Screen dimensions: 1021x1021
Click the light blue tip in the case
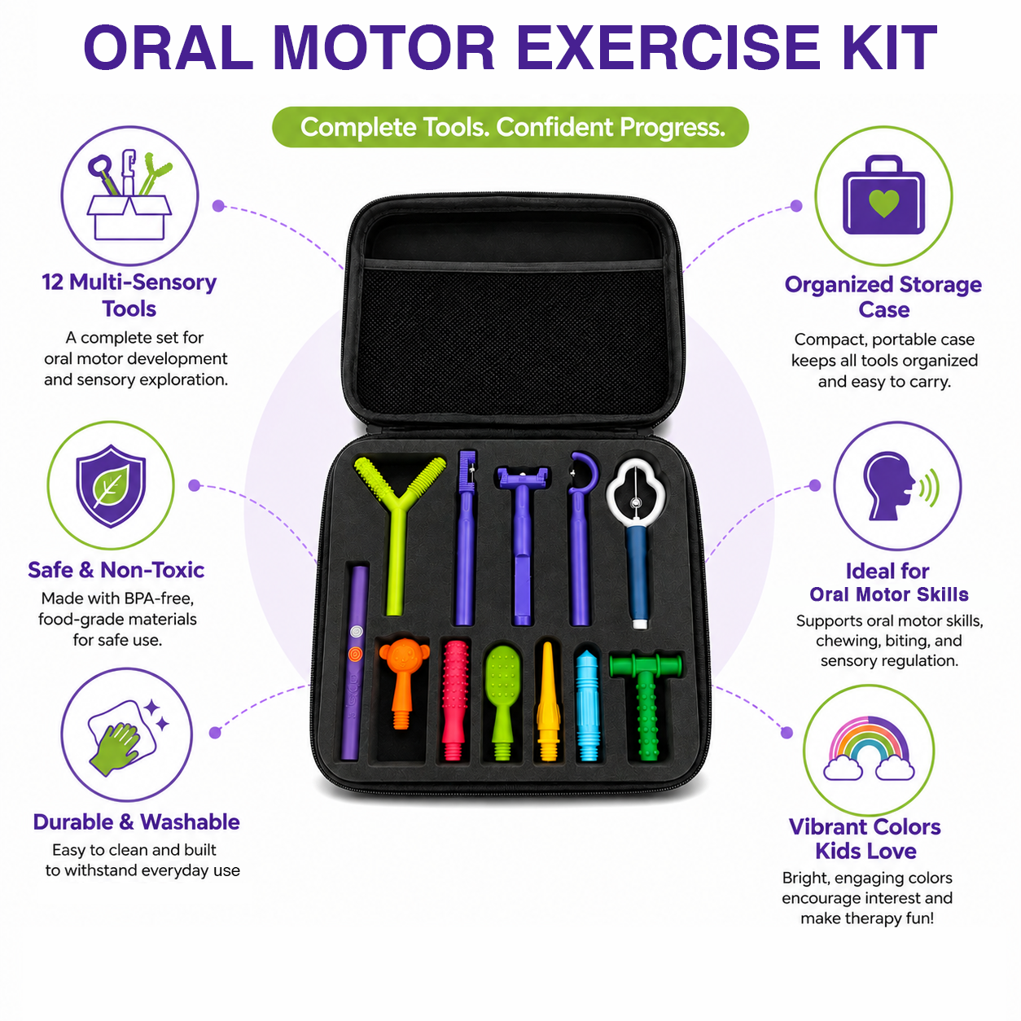[588, 705]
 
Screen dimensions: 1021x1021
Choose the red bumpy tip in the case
[455, 700]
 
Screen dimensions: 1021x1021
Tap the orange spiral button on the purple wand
[356, 653]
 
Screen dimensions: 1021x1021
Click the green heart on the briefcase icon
[883, 203]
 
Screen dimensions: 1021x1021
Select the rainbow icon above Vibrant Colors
[869, 747]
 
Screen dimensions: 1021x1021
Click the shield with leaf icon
[110, 486]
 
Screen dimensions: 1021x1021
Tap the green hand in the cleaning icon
[114, 748]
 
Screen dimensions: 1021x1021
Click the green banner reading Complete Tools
[511, 127]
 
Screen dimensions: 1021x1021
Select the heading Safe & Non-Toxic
[116, 570]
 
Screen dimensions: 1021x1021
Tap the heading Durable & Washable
[136, 822]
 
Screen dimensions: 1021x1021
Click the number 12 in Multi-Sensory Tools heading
[52, 283]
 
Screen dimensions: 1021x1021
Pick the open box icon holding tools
[129, 196]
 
